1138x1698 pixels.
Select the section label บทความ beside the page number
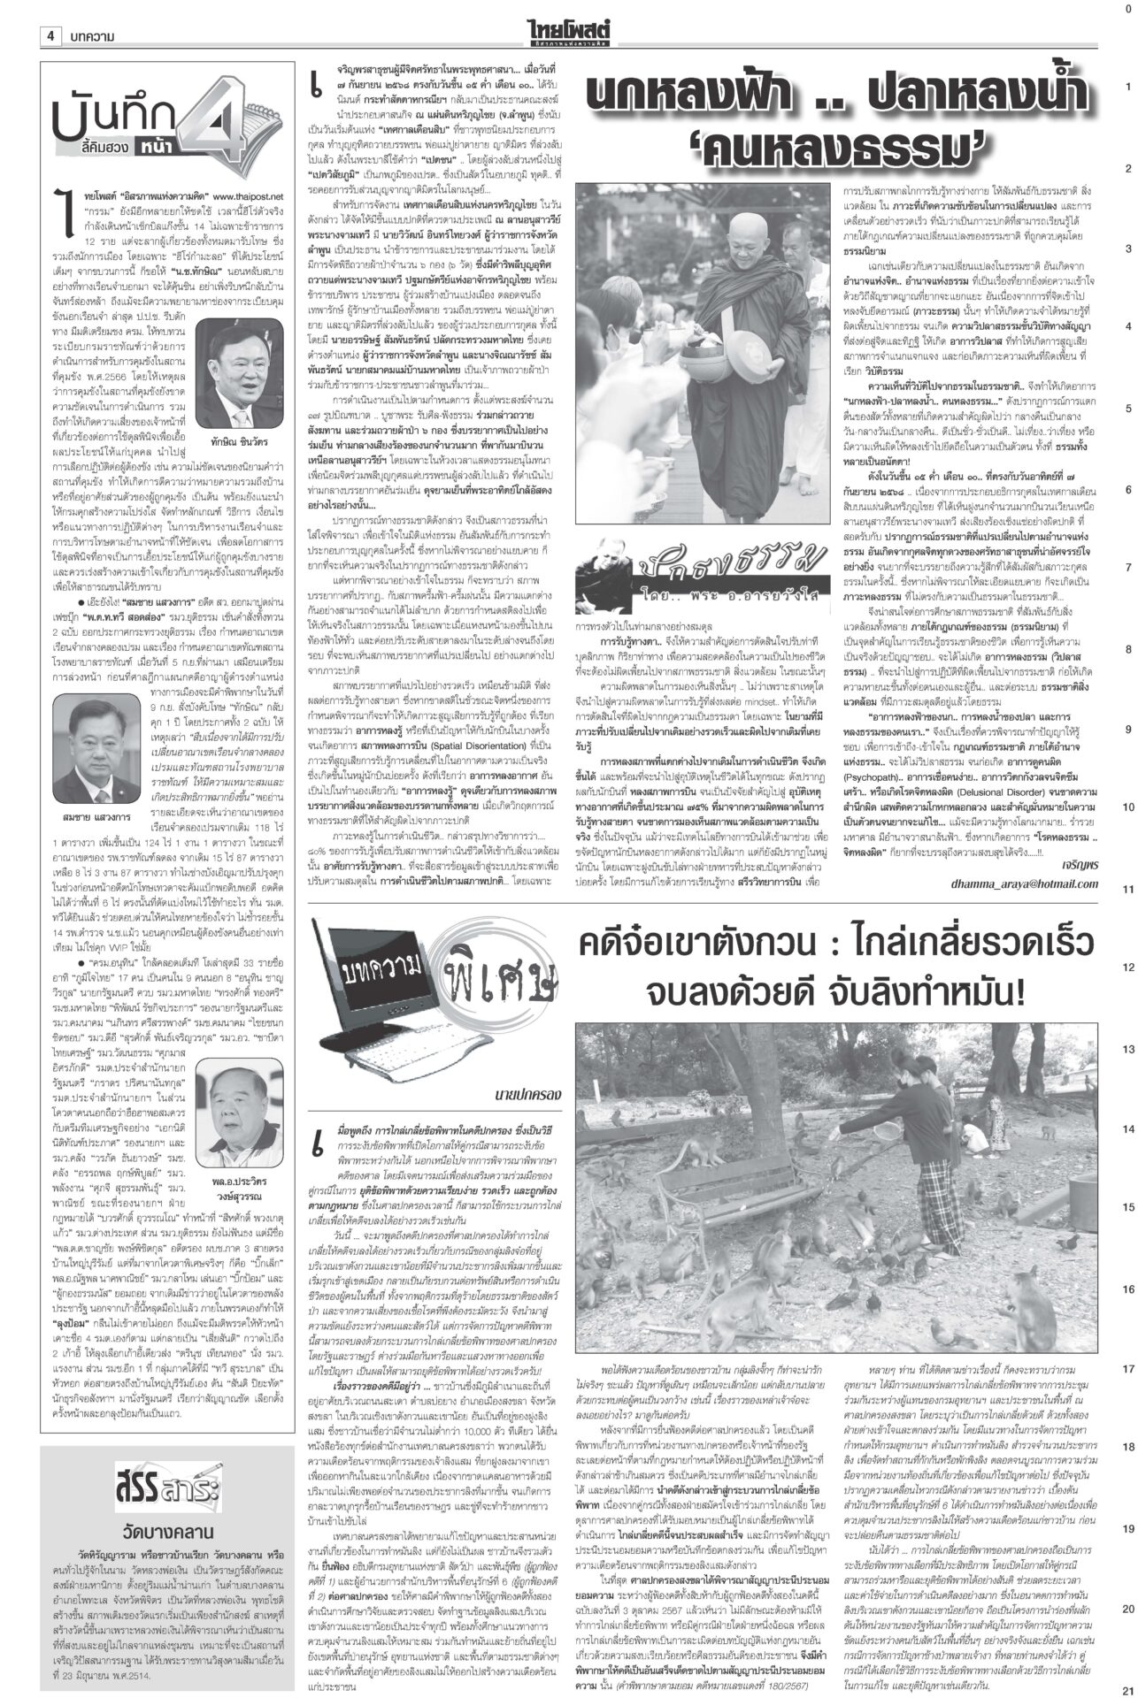point(88,36)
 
